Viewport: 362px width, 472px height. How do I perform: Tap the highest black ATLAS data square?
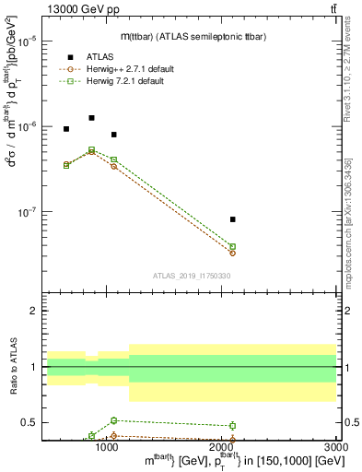point(91,118)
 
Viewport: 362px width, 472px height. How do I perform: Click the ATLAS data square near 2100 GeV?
point(232,219)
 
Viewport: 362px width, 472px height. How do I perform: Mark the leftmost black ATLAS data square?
point(66,129)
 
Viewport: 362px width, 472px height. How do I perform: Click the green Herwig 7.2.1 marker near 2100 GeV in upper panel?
point(232,246)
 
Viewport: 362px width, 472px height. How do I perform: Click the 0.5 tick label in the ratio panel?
point(29,422)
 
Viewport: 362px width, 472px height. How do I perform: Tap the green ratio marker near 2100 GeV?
point(232,425)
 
